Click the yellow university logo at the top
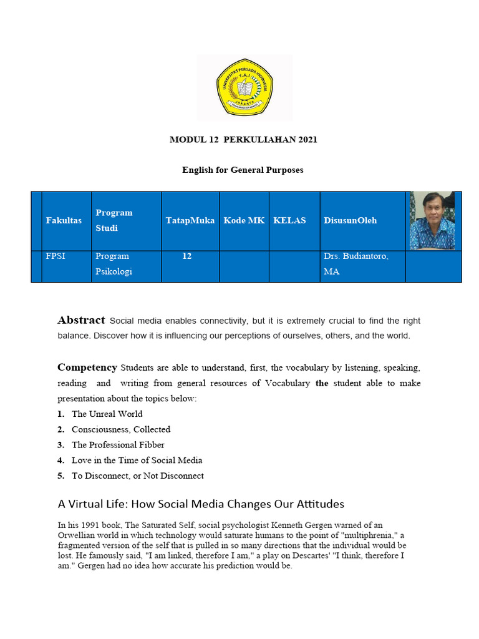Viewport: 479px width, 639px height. pos(244,87)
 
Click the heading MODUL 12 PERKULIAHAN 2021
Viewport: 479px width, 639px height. pos(243,140)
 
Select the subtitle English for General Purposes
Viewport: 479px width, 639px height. pos(243,170)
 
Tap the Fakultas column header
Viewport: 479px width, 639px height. pos(64,220)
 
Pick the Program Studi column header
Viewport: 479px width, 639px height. pos(114,220)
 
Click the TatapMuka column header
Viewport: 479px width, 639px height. pos(190,220)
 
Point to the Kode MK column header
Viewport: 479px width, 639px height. pos(244,220)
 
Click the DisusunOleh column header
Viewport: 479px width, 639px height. pos(350,220)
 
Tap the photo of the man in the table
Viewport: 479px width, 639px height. pos(432,221)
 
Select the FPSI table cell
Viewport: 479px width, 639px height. pos(55,256)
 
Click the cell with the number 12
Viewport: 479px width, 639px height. pos(187,256)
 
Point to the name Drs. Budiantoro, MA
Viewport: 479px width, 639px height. pos(356,264)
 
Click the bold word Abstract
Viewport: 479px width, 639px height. pos(81,321)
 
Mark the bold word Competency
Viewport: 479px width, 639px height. pos(87,368)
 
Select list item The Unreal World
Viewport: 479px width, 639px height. pos(107,414)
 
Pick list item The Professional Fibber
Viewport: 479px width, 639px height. pos(118,445)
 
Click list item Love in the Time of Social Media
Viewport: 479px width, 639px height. pos(137,461)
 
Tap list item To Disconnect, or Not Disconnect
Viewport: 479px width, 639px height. pos(137,476)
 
